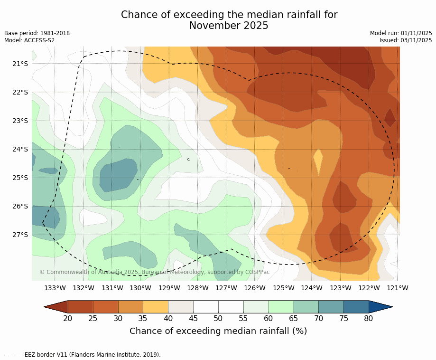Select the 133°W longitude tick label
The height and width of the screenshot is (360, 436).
click(55, 288)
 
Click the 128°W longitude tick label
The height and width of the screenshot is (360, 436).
click(198, 288)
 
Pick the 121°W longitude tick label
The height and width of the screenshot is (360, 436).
click(398, 288)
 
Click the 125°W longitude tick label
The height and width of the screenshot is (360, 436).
click(283, 288)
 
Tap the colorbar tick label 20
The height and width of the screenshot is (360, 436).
click(68, 318)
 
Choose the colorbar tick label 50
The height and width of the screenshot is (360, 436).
click(218, 318)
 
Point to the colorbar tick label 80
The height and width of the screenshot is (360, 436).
click(369, 318)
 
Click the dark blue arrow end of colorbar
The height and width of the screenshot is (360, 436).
click(380, 307)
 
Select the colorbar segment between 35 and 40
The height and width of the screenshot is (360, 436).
click(156, 307)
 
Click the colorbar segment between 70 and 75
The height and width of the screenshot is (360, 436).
click(331, 307)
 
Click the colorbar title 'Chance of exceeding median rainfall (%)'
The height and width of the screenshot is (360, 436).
click(218, 331)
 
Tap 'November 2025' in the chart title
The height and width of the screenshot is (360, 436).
click(229, 26)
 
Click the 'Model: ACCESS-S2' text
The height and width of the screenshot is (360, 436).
click(29, 40)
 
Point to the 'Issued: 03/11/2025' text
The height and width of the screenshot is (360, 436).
click(405, 40)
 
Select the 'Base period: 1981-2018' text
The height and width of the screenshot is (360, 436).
click(37, 33)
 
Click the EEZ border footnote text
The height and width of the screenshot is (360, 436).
click(83, 355)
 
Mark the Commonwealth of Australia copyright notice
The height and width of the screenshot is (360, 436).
click(155, 272)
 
